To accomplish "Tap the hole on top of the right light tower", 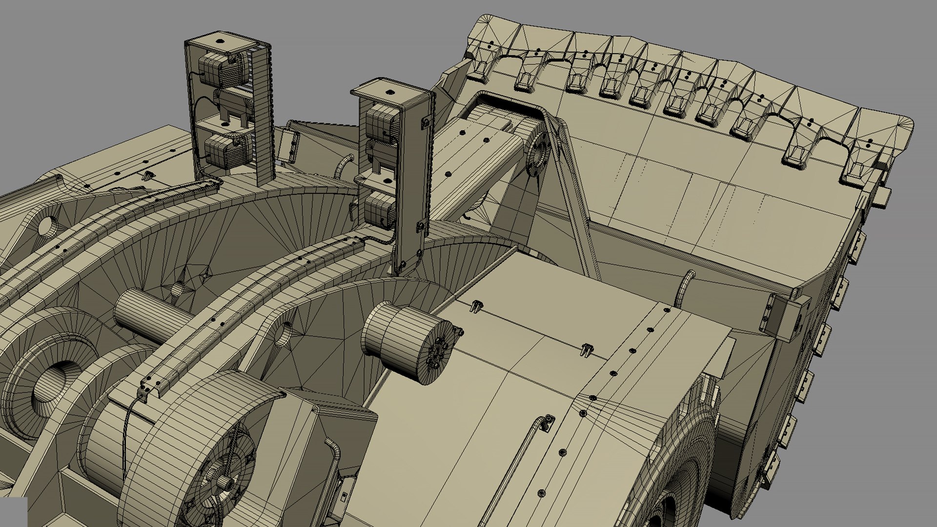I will point(389,92).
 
